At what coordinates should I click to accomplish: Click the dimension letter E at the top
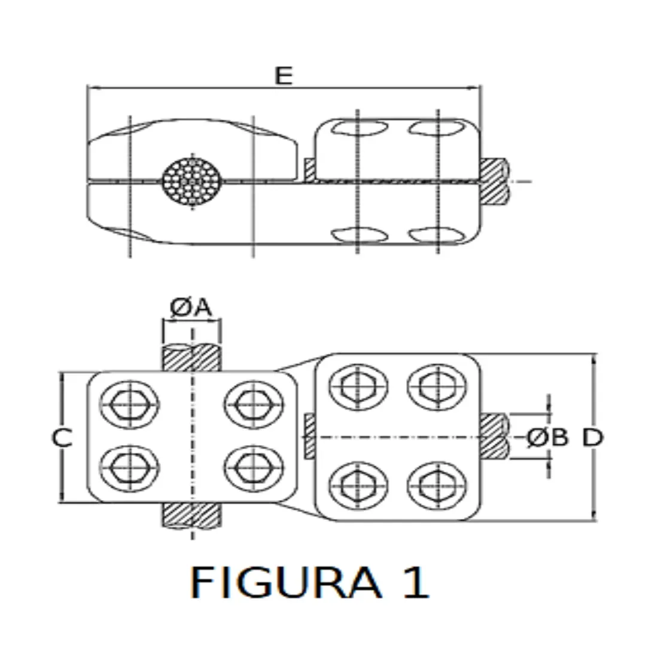click(x=284, y=76)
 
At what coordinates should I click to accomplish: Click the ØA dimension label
click(x=191, y=307)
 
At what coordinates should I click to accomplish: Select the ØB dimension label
click(x=547, y=438)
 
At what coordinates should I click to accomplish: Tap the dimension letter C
click(x=61, y=438)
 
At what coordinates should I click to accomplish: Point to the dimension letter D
click(x=593, y=438)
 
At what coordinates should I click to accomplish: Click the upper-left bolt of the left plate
click(x=130, y=405)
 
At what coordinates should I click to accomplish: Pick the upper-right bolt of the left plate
click(x=254, y=405)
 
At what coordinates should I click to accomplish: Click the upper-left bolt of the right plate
click(x=358, y=386)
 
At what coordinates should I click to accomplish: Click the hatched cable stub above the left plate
click(x=192, y=358)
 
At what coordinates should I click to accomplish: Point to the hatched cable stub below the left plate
click(x=192, y=516)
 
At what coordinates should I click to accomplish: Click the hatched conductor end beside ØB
click(x=494, y=437)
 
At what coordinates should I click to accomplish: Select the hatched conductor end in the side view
click(x=494, y=181)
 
